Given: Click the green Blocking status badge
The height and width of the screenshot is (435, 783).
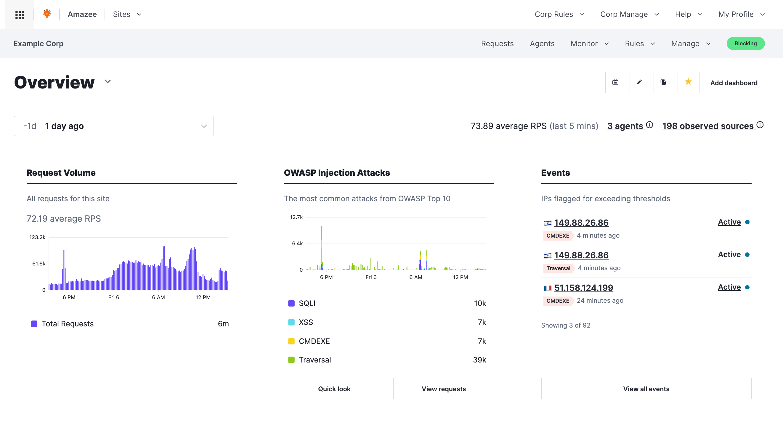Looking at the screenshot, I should tap(745, 43).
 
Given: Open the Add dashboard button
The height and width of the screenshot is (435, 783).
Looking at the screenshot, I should tap(734, 83).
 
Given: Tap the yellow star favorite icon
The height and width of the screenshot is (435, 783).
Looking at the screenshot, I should tap(688, 82).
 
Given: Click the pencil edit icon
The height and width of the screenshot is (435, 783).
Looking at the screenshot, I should tap(639, 82).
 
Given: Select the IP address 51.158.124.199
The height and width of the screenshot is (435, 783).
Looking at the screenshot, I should tap(583, 288).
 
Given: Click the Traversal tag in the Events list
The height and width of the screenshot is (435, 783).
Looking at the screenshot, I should tap(558, 268).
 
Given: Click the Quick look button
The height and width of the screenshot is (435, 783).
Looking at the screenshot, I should tap(334, 389).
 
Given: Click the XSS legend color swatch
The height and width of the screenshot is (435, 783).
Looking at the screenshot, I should tap(291, 322).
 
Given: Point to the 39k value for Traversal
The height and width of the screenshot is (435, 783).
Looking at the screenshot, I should tap(479, 360).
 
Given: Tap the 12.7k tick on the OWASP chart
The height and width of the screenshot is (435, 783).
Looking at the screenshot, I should tap(296, 217).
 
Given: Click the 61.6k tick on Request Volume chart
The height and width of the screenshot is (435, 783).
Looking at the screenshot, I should tap(38, 263).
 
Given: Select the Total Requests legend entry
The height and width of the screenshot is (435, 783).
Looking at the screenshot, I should tap(68, 324).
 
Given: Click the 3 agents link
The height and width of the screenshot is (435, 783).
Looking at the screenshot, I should tap(625, 126).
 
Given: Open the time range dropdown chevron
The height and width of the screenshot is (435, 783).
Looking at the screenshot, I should tap(204, 126).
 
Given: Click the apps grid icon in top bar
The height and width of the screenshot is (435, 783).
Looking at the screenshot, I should tap(20, 14).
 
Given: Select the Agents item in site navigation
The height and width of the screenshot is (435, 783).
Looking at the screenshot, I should tap(542, 43).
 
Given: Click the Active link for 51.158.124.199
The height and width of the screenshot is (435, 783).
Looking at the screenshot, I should tap(729, 287).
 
